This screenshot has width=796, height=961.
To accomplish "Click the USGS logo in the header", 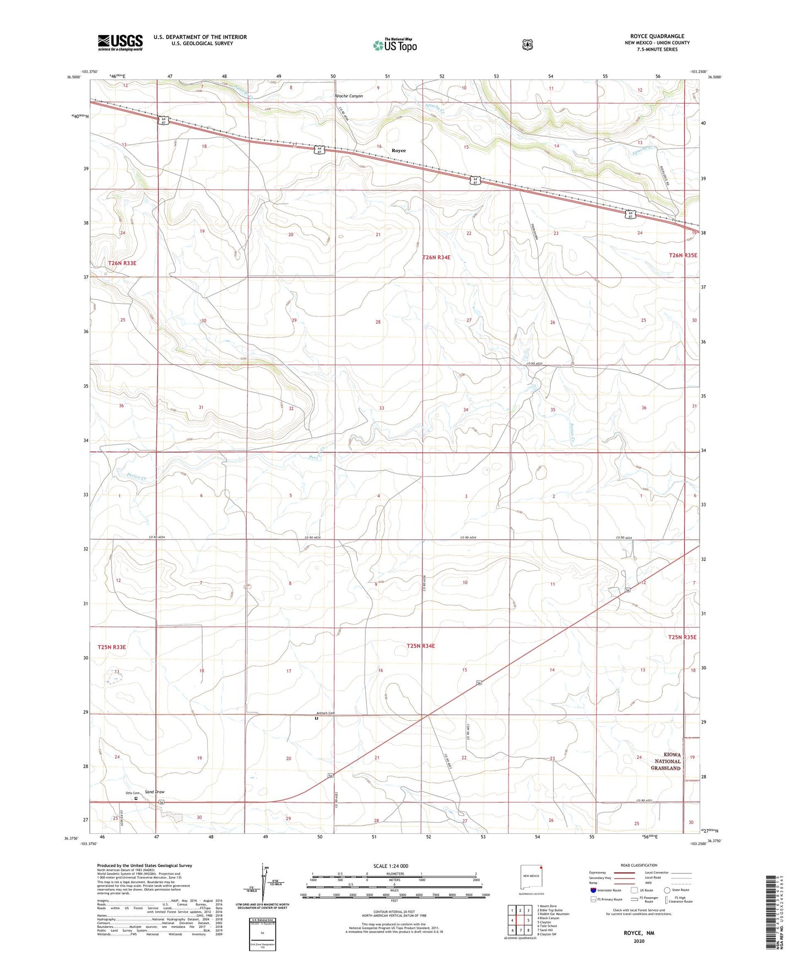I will [120, 42].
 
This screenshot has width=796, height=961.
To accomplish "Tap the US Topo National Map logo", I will [393, 45].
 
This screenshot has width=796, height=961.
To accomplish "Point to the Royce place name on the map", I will [398, 150].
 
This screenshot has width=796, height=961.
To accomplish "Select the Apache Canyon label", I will [349, 96].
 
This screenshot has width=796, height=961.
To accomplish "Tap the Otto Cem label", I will [133, 793].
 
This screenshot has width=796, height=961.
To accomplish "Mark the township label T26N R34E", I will [436, 257].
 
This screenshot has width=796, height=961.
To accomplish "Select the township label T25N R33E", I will [112, 647].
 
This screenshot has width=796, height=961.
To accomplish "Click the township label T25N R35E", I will [682, 637].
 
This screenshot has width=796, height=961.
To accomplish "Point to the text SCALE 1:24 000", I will [391, 866].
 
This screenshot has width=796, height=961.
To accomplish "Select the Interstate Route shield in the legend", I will [593, 890].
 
